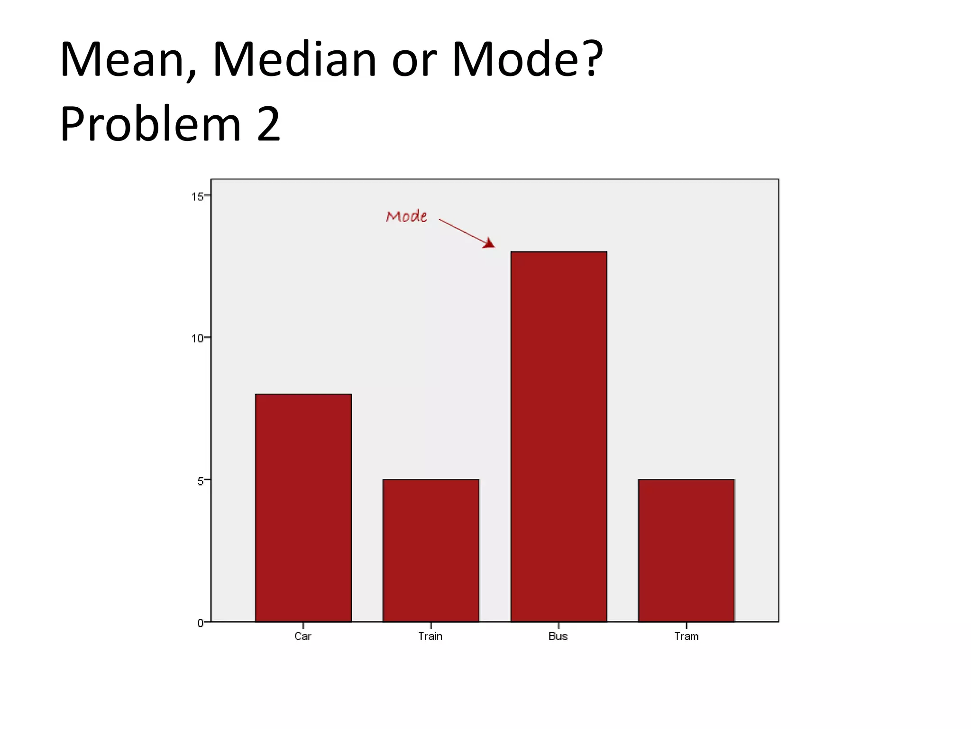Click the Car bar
[x=303, y=507]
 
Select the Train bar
[x=431, y=550]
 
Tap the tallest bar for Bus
[x=559, y=436]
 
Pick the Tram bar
[x=686, y=550]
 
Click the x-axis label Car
[x=303, y=636]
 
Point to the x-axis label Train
[x=431, y=636]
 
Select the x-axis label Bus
[x=558, y=636]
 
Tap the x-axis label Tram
[x=686, y=636]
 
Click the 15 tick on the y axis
[x=197, y=196]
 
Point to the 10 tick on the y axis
[x=197, y=338]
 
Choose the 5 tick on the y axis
[x=201, y=481]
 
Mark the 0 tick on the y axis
[x=201, y=623]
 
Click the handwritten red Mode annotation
[x=407, y=216]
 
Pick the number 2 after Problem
[x=269, y=124]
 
